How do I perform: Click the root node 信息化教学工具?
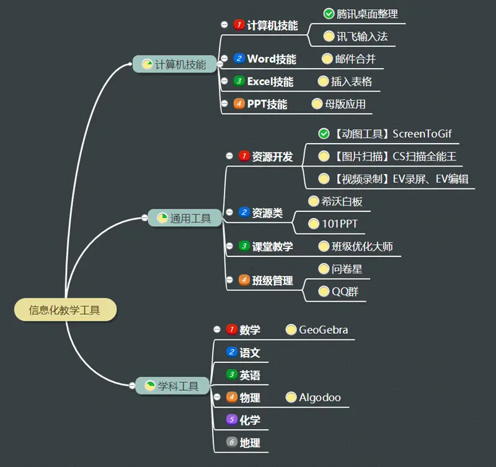tap(65, 310)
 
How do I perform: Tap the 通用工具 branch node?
tap(185, 218)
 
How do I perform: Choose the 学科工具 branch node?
tap(172, 386)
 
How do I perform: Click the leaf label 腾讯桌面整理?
tap(368, 14)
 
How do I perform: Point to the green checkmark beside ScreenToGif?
tap(324, 134)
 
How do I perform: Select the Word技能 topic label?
tap(272, 59)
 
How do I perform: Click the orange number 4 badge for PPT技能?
tap(239, 103)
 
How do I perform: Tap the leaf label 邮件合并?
tap(355, 59)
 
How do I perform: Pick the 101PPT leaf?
tap(340, 223)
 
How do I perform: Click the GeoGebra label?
tap(323, 330)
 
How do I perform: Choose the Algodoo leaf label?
tap(320, 398)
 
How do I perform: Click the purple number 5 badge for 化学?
tap(232, 420)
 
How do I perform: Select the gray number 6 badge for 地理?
tap(232, 442)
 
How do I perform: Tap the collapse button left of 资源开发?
tap(229, 156)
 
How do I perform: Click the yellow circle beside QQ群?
tap(324, 291)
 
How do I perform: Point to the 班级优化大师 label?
tap(362, 247)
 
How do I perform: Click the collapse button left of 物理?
tap(216, 398)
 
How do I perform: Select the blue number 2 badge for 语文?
tap(232, 352)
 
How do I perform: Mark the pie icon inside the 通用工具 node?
tap(162, 217)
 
